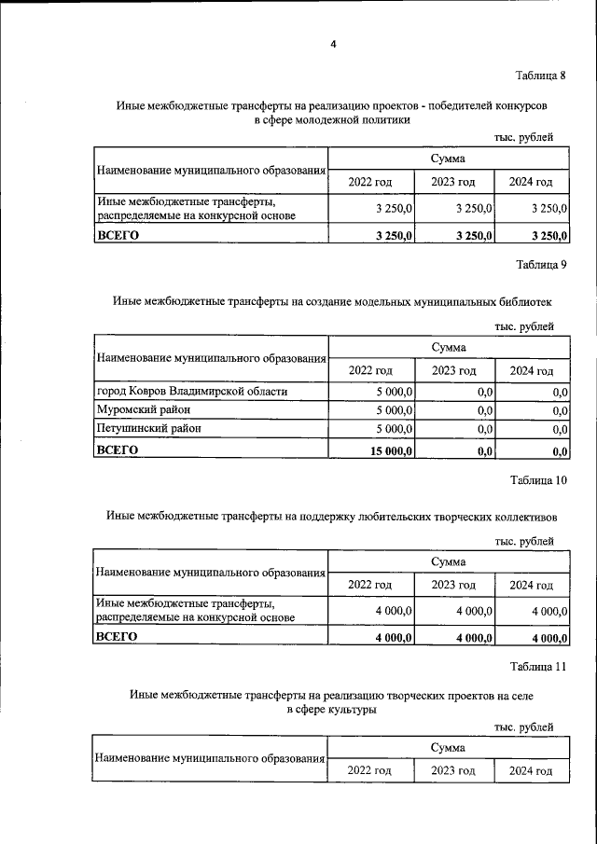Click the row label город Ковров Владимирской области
[192, 391]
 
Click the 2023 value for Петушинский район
[484, 429]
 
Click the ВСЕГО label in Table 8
[118, 235]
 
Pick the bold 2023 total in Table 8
[474, 235]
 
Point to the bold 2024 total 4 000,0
[549, 638]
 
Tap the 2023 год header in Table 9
[453, 370]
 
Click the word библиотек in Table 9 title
[525, 302]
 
